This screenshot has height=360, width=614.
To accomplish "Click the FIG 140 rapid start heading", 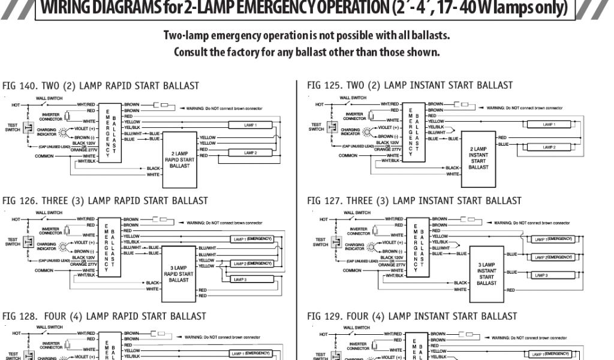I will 101,86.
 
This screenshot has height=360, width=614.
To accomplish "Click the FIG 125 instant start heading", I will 410,85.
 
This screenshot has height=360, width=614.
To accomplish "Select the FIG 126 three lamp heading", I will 106,200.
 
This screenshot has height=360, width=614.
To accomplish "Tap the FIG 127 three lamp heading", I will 414,200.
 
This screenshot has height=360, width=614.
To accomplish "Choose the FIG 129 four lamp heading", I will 411,316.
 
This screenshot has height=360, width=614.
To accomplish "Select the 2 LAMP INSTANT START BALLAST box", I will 478,155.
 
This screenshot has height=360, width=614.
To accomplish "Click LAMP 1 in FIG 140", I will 250,125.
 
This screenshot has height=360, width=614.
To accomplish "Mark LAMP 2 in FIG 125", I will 548,146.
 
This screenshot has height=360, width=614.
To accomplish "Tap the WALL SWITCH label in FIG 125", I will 353,97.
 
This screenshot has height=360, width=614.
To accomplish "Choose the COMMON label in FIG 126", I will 44,271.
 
